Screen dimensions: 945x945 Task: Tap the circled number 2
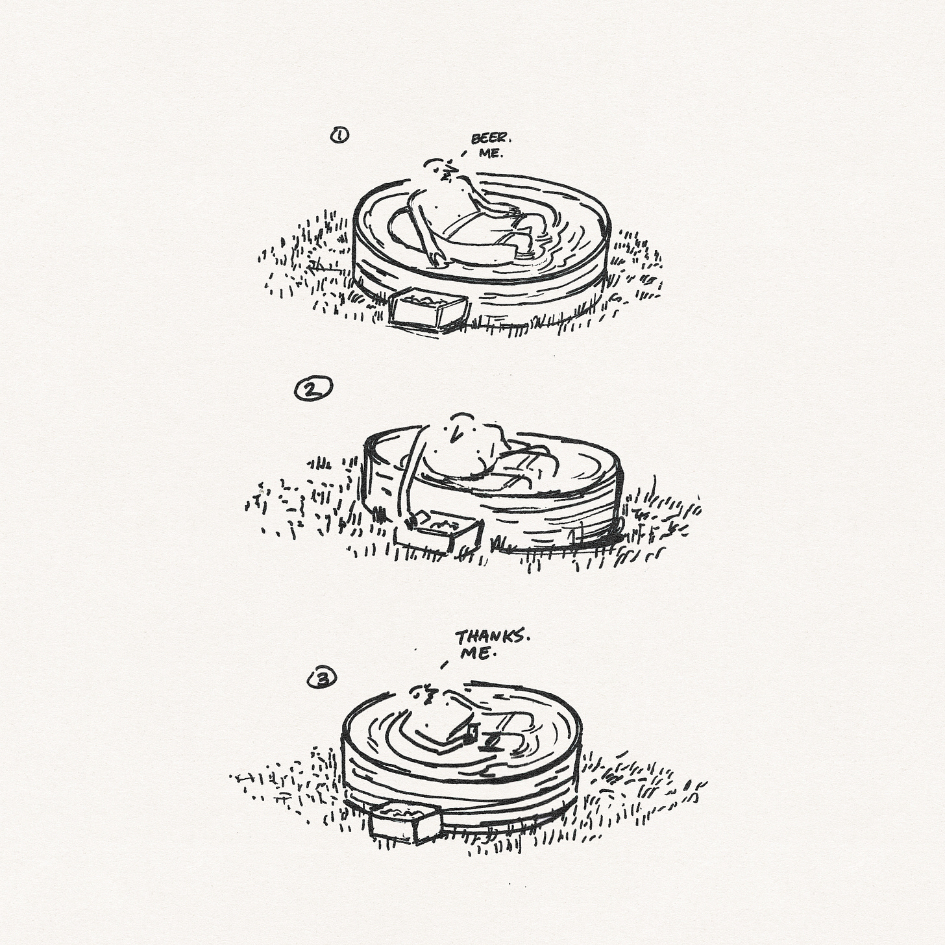click(x=313, y=388)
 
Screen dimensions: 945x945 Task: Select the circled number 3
click(x=322, y=679)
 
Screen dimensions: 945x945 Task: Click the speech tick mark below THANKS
click(x=445, y=665)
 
